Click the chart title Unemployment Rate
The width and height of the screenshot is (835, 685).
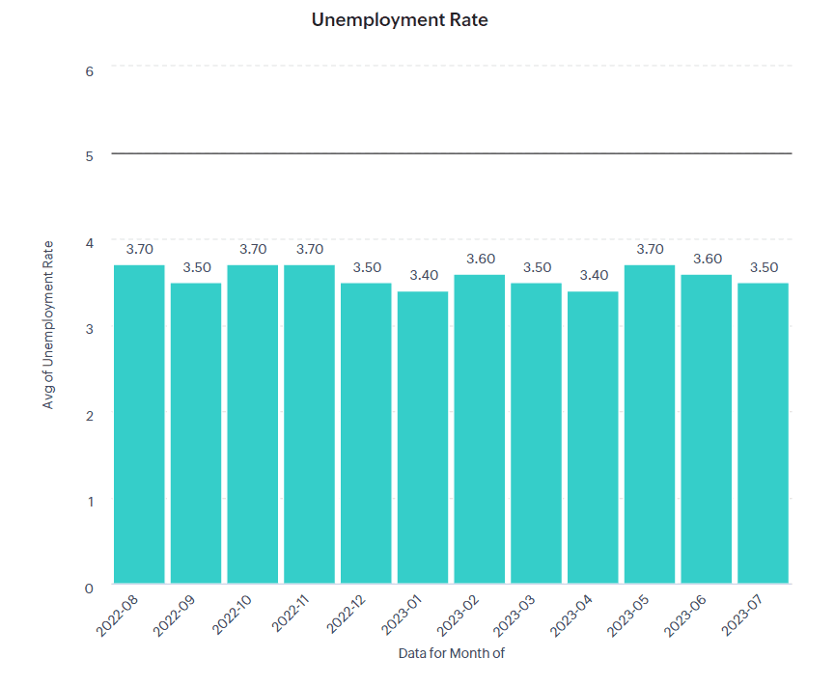pos(400,19)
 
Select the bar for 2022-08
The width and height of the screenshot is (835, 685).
pos(140,425)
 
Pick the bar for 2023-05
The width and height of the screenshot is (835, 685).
pos(650,425)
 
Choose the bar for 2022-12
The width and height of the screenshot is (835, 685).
pos(366,433)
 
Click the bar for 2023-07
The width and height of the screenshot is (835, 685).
pos(763,433)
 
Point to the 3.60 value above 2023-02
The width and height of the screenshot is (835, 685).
pos(480,259)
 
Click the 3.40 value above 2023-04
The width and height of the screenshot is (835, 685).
pos(593,275)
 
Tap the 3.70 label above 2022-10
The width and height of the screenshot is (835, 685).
pos(253,249)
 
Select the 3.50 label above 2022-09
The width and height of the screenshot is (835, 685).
pos(196,267)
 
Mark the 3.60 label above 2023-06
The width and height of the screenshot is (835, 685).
pos(707,259)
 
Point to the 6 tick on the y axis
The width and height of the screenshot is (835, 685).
pos(89,70)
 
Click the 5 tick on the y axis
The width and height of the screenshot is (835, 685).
pos(89,156)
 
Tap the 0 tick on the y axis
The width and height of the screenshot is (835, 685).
pos(89,588)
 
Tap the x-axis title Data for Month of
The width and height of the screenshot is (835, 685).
pos(451,653)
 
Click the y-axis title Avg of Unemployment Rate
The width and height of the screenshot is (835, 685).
pos(48,324)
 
